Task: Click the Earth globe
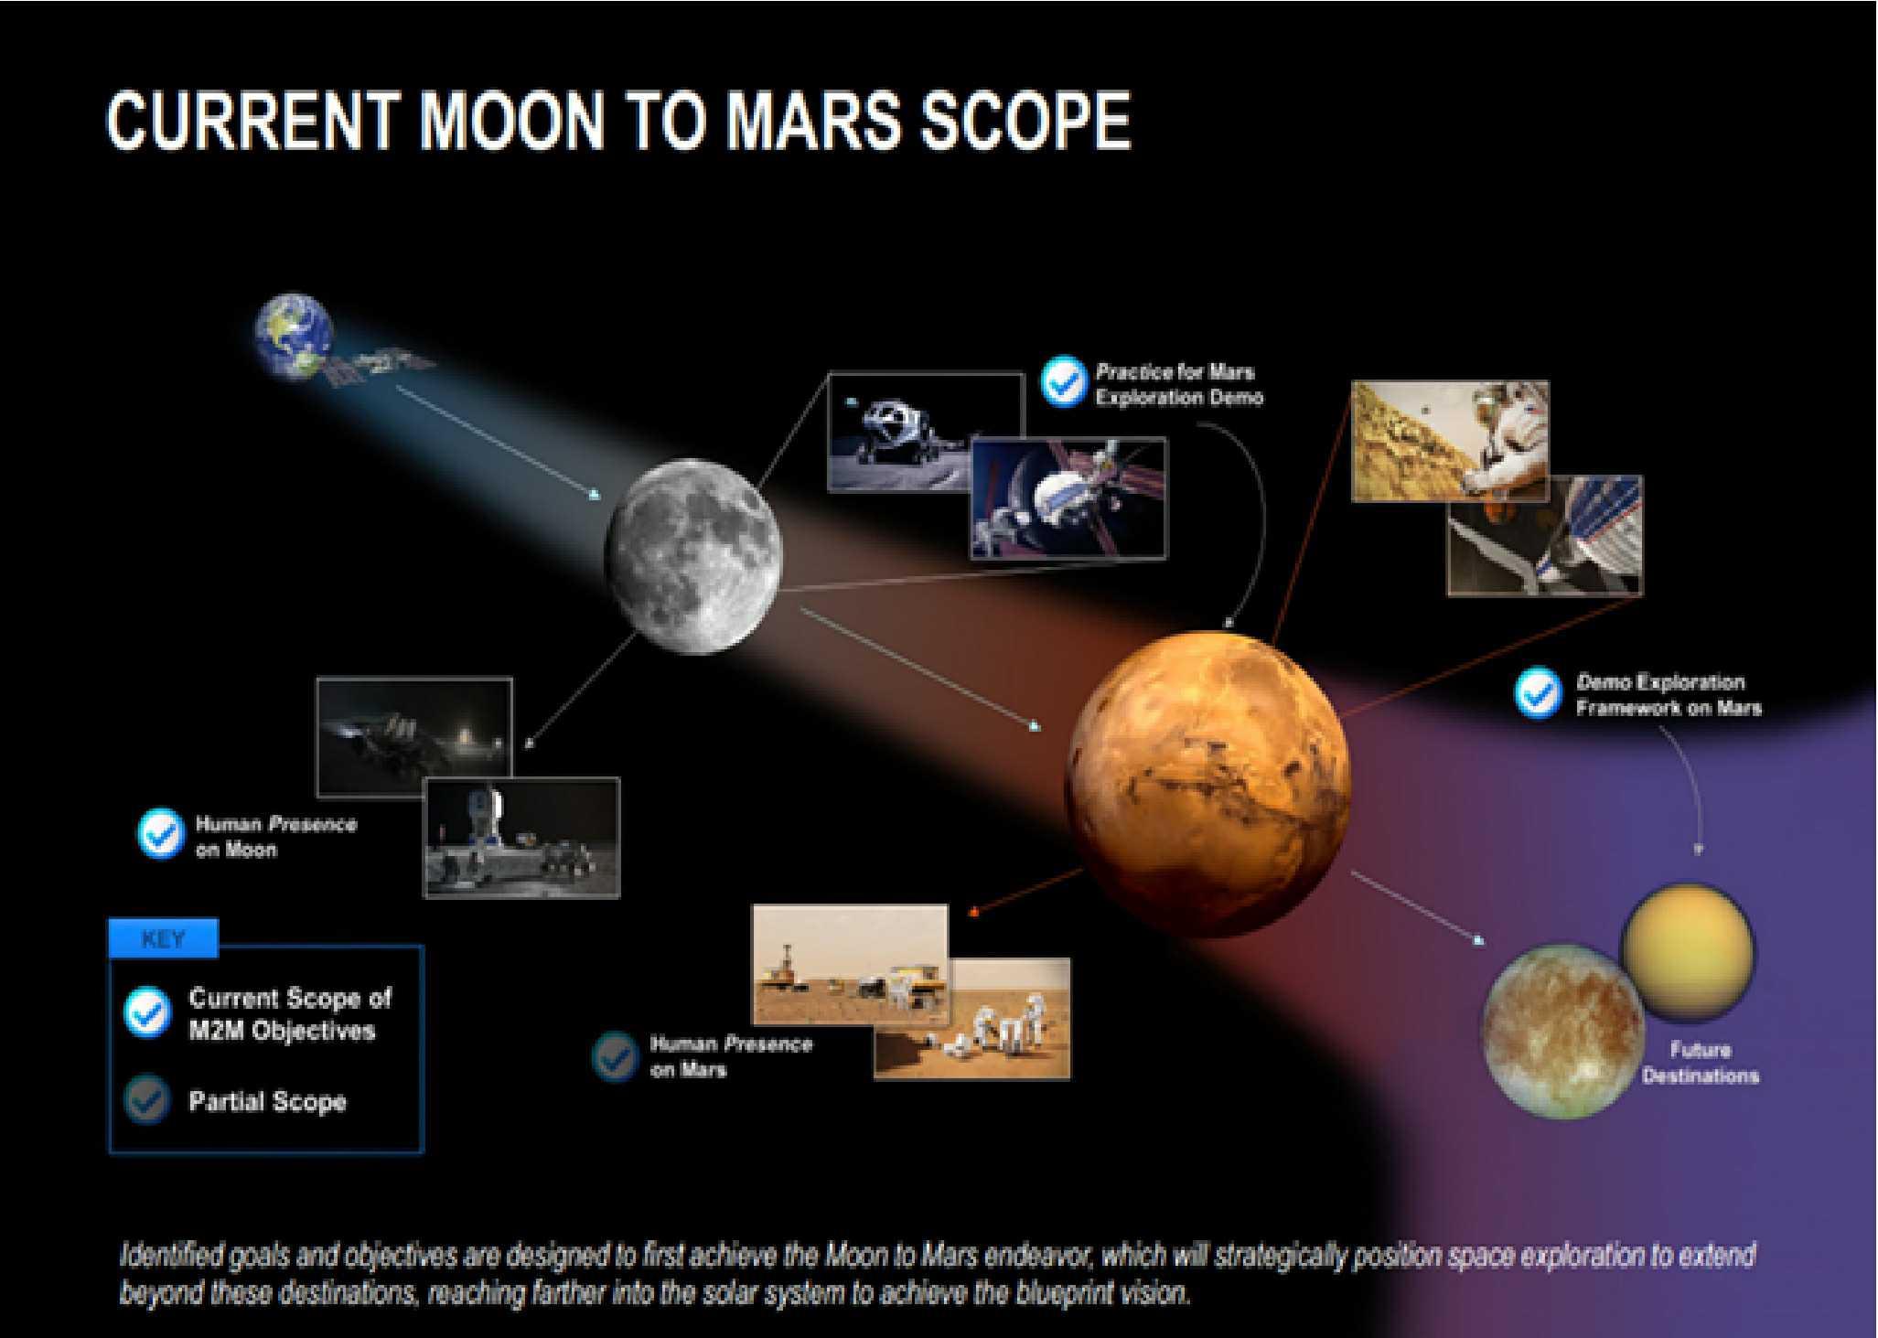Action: click(x=294, y=335)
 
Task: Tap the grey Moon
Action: click(x=693, y=557)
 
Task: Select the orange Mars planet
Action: click(x=1207, y=784)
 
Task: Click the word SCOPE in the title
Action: click(x=1025, y=121)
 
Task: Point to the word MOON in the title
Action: click(x=512, y=121)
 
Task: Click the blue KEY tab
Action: click(x=164, y=939)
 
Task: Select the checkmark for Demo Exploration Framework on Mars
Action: click(x=1539, y=693)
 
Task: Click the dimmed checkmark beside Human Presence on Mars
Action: click(x=615, y=1056)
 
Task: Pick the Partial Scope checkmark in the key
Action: click(x=147, y=1100)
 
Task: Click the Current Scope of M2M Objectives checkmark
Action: click(x=147, y=1012)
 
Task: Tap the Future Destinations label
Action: click(x=1700, y=1063)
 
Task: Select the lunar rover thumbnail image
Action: click(x=925, y=432)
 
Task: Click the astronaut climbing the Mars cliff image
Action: click(x=1450, y=442)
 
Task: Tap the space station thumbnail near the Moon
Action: click(x=1068, y=498)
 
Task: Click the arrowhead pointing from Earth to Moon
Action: click(x=596, y=495)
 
